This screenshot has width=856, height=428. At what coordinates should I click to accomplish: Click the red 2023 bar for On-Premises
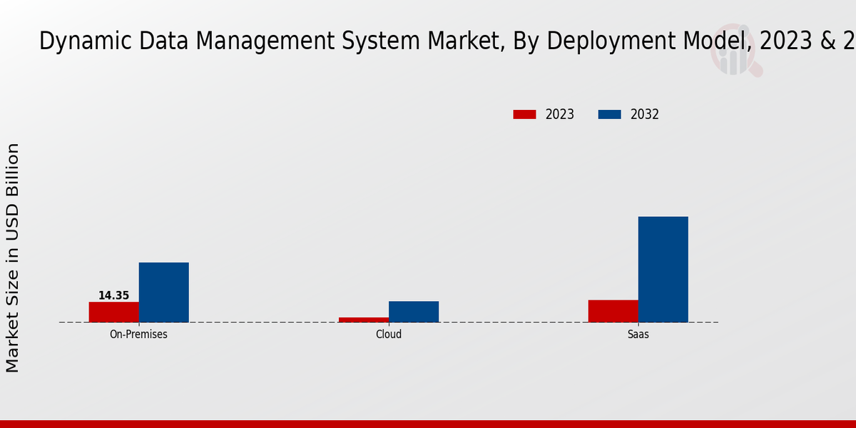113,312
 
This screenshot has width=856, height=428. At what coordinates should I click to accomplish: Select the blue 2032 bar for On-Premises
163,292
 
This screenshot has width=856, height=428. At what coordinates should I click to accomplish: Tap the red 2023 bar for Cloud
363,320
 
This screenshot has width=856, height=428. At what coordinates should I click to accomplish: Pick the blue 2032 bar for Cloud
413,312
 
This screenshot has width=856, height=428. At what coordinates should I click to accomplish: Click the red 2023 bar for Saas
613,311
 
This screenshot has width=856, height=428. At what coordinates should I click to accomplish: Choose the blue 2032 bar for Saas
663,269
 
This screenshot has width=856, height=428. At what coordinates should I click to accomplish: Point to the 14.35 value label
113,295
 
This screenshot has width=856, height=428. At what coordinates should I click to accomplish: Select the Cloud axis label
389,334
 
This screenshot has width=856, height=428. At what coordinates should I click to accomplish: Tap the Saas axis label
638,334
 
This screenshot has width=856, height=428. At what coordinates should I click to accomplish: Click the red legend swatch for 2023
524,114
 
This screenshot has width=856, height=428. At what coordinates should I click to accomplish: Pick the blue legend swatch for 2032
609,114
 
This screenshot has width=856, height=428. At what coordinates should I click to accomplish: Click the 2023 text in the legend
560,114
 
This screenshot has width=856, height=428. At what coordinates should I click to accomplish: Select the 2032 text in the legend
645,114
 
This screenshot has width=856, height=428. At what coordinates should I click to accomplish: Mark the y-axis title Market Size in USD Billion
13,257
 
